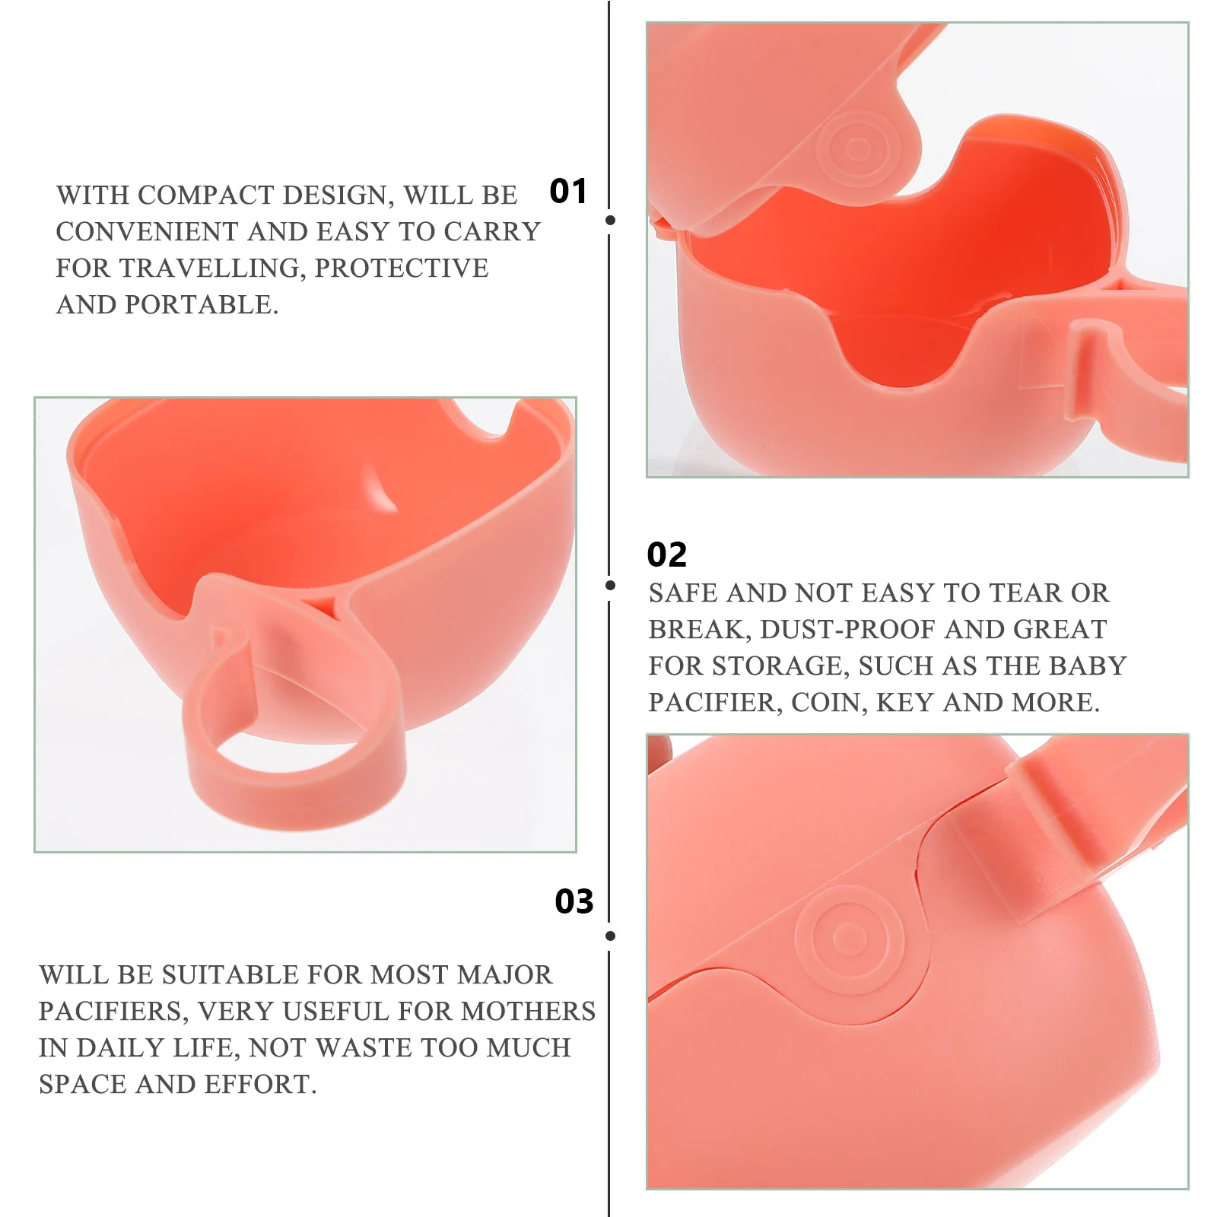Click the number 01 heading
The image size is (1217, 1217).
pos(568,191)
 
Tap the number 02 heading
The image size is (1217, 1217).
pos(666,554)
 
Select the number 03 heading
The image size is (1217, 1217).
pos(574,901)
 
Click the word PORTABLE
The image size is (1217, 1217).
pos(201,305)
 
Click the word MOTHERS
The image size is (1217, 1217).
pos(528,1012)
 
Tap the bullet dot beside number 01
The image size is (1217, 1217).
pos(610,221)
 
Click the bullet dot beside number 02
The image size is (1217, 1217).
pos(610,585)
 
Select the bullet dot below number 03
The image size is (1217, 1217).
pos(610,936)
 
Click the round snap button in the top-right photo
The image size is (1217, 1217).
pos(858,148)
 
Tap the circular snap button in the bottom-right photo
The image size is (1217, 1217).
pos(849,937)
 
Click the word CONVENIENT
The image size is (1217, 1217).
pos(147,232)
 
